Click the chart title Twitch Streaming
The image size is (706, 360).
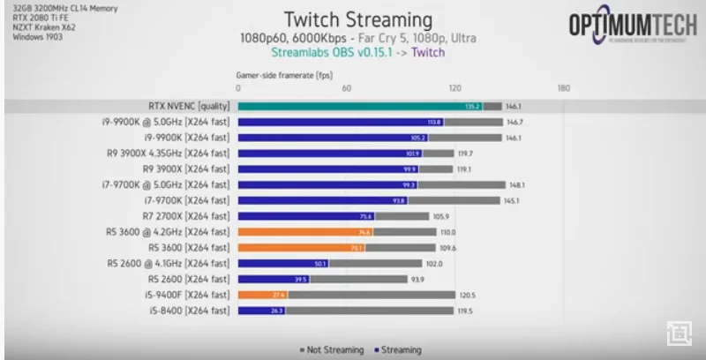pyautogui.click(x=359, y=19)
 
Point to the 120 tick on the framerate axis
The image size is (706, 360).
pyautogui.click(x=455, y=88)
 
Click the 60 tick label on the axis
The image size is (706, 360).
pyautogui.click(x=347, y=88)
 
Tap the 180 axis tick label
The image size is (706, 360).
pyautogui.click(x=564, y=88)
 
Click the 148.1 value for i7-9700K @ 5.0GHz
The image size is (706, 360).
pyautogui.click(x=517, y=184)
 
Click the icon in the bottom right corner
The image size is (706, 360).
pyautogui.click(x=678, y=333)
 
